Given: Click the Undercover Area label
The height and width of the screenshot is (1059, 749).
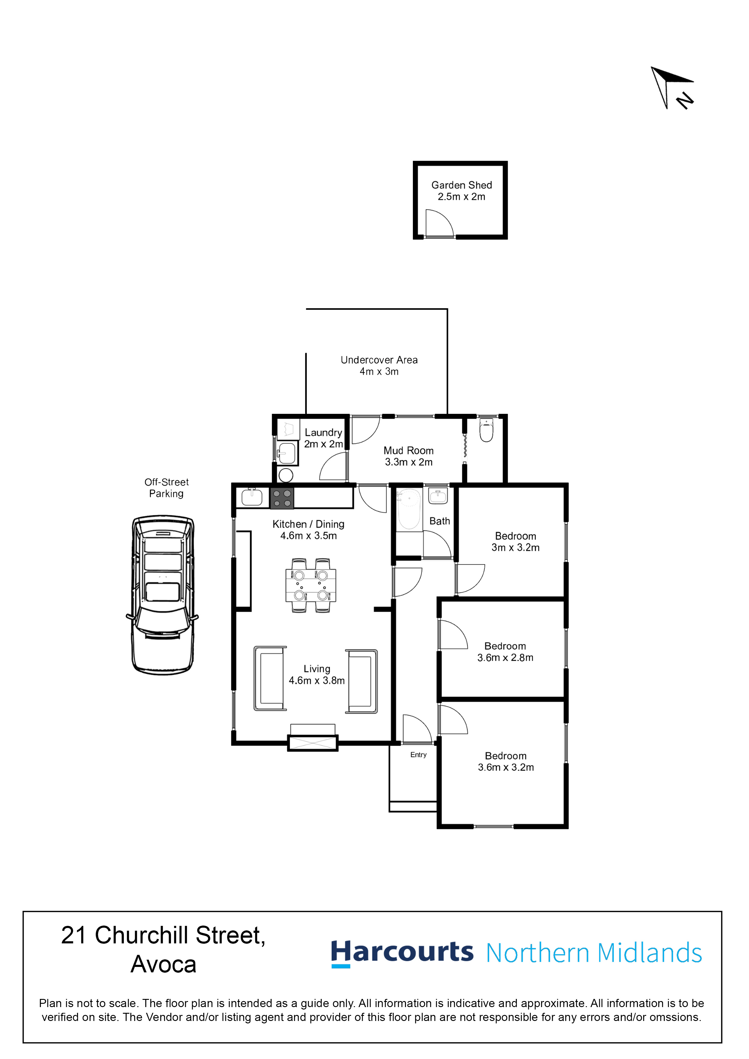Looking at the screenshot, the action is tap(379, 365).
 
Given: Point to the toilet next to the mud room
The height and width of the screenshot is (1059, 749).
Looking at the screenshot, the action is tap(487, 429).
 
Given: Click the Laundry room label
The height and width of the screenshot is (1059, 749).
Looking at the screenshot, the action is tap(323, 438).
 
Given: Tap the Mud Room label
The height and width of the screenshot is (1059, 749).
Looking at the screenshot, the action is tap(408, 456).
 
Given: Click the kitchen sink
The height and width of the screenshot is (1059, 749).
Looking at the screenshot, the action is tap(252, 497).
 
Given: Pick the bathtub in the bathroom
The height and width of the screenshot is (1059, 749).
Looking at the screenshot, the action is tap(409, 509).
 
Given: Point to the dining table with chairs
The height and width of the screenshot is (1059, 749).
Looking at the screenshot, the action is tap(310, 585).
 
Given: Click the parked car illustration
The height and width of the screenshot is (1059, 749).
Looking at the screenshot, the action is tap(162, 595).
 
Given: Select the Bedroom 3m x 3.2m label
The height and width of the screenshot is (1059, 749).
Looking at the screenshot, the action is tap(516, 542).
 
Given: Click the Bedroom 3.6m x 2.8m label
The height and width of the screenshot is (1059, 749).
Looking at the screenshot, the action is tap(505, 652).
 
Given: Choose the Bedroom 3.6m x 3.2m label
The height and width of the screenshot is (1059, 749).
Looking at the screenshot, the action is tap(506, 762).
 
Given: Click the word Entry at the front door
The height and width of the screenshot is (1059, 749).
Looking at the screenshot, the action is tap(418, 755).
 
